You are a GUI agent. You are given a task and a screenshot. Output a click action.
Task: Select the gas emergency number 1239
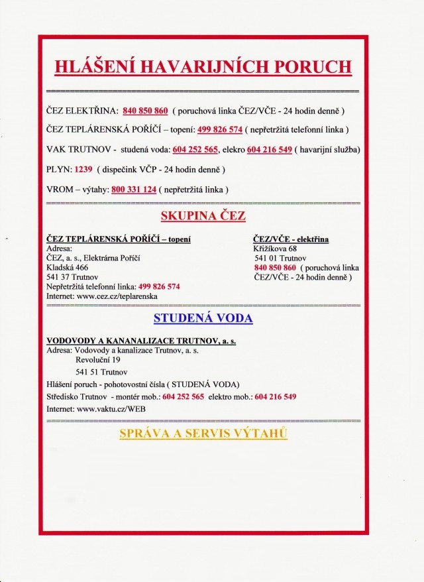(x=83, y=169)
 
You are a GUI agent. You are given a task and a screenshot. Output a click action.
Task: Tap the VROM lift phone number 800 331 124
(x=134, y=190)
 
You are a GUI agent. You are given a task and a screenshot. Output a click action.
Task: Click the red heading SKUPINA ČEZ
(x=203, y=216)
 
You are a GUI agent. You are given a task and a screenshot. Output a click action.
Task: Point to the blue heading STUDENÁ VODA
(x=203, y=318)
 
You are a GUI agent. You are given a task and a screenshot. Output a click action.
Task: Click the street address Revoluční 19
(x=98, y=359)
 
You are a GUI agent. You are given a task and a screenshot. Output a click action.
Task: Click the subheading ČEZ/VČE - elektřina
(x=291, y=239)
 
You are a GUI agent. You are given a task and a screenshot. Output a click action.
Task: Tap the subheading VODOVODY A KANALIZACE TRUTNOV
(x=140, y=340)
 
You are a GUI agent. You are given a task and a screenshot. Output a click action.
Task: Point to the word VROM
(x=60, y=190)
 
